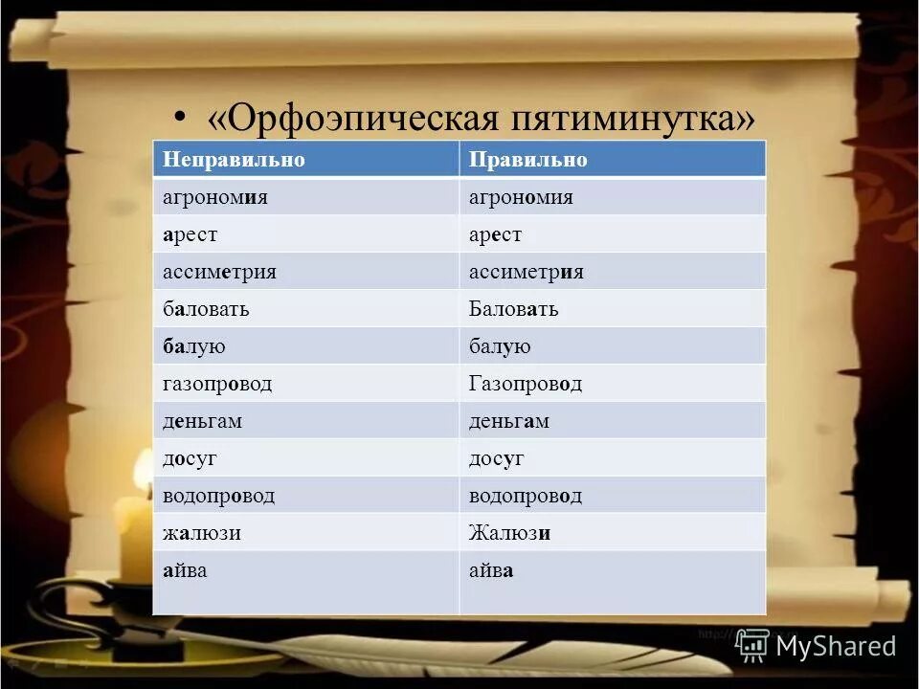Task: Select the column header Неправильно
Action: coord(234,160)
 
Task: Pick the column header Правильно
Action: coord(527,160)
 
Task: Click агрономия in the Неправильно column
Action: coord(214,197)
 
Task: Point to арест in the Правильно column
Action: coord(495,234)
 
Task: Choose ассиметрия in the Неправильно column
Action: coord(219,272)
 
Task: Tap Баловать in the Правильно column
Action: coord(513,309)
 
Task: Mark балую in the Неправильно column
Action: coord(194,346)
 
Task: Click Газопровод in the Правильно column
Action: coord(525,384)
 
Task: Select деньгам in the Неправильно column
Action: coord(202,421)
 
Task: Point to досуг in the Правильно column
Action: coord(496,458)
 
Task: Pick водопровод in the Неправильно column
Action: coord(218,496)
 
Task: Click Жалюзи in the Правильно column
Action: coord(509,533)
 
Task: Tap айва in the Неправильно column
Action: coord(185,570)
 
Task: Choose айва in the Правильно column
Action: coord(491,570)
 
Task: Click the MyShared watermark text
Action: coord(835,646)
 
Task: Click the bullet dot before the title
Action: coord(180,119)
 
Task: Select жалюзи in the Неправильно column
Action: coord(201,533)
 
